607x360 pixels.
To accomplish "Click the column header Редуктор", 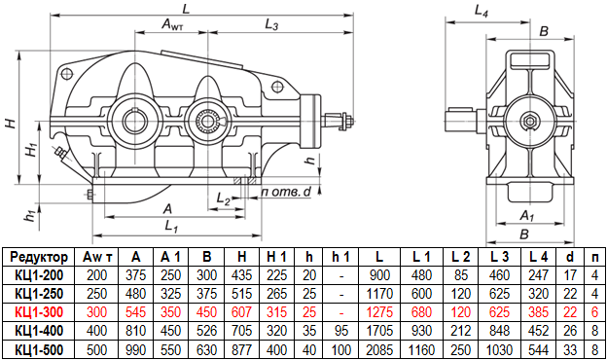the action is (39, 257).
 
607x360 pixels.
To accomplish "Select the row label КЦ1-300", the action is (39, 312).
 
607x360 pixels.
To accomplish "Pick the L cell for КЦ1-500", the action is (379, 350).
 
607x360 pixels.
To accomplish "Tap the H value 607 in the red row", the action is (241, 312).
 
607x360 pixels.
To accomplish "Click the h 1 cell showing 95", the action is (340, 331).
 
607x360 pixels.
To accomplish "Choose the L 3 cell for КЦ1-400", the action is (499, 331).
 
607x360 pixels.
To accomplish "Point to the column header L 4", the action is (538, 257).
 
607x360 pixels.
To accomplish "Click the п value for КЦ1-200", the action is (595, 275).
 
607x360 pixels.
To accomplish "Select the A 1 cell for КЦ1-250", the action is (171, 294).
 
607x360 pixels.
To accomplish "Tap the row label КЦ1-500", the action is (39, 350).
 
